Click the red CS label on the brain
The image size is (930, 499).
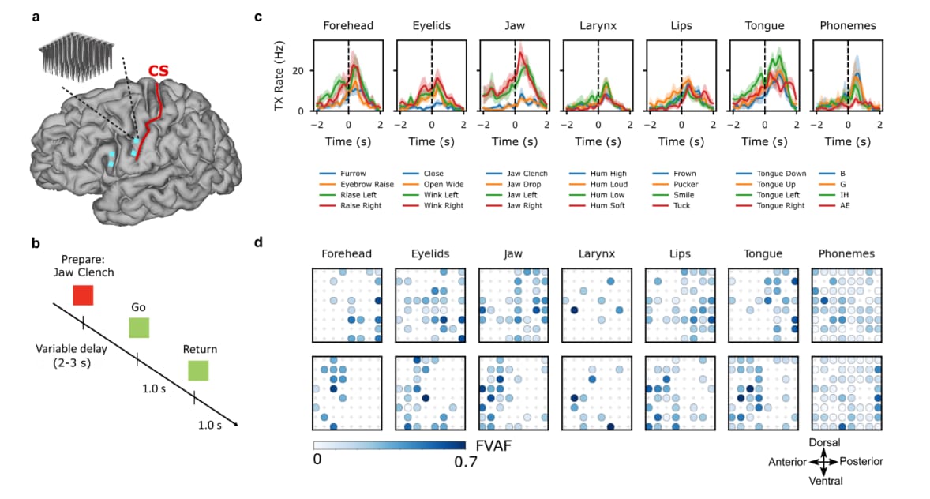click(159, 71)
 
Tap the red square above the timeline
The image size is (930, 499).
click(83, 295)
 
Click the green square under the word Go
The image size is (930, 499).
click(139, 328)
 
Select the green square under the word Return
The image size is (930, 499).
click(198, 370)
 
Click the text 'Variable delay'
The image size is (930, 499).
click(71, 348)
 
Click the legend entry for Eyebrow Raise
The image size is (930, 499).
click(357, 185)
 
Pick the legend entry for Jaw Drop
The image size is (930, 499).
click(513, 185)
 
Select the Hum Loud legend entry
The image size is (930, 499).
click(598, 185)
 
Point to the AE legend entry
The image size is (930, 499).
click(834, 206)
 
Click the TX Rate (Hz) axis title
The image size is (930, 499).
click(279, 75)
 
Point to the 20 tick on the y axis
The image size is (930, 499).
click(298, 70)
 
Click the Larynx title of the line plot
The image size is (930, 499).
click(598, 26)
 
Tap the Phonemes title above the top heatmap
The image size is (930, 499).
click(846, 253)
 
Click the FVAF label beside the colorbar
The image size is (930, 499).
click(493, 446)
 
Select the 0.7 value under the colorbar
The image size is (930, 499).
click(466, 462)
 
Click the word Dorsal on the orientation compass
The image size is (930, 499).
click(824, 443)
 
